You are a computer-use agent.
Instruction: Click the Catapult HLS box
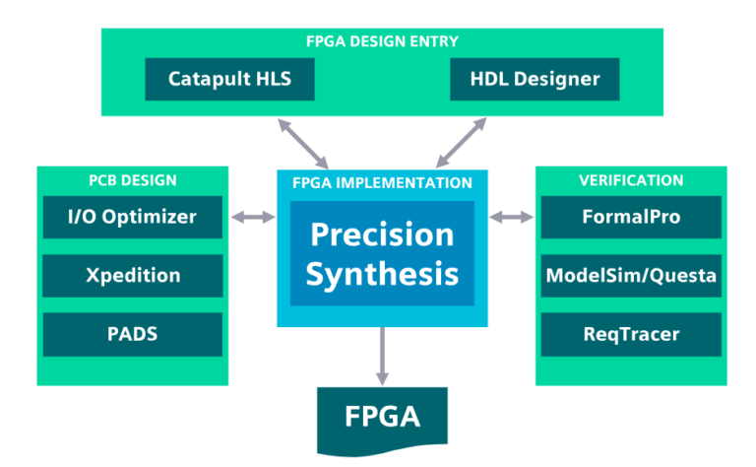click(x=229, y=79)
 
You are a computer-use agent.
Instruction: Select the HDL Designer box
click(x=535, y=79)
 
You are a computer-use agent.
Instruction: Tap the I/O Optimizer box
click(x=133, y=217)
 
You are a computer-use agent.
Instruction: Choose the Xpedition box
click(x=133, y=276)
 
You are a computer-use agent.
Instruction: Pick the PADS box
click(x=133, y=334)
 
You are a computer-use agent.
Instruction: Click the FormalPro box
click(x=631, y=217)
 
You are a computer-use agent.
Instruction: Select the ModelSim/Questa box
click(x=631, y=276)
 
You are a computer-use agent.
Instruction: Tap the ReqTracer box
click(x=631, y=334)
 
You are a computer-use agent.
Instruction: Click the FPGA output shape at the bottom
click(x=382, y=417)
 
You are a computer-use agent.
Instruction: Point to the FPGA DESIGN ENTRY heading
click(x=381, y=41)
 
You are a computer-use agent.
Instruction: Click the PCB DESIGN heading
click(x=132, y=180)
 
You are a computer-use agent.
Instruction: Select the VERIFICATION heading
click(x=631, y=180)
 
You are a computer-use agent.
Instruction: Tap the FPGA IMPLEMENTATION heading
click(x=382, y=183)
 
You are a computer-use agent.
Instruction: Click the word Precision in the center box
click(x=382, y=234)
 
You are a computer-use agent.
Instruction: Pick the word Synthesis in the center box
click(x=382, y=273)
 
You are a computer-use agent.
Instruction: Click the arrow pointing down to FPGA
click(x=382, y=357)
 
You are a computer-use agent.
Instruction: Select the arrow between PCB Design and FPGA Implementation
click(x=253, y=217)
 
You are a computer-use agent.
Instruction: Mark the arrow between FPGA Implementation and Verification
click(x=511, y=217)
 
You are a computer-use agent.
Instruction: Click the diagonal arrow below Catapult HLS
click(x=303, y=143)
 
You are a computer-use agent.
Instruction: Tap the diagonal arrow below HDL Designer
click(x=462, y=143)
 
